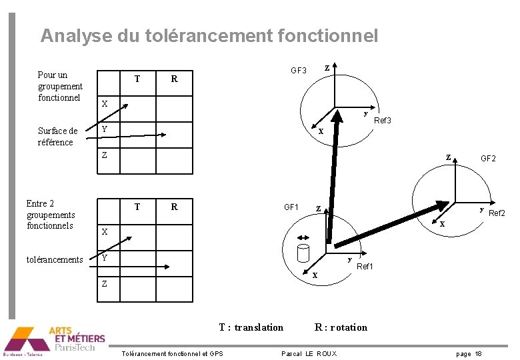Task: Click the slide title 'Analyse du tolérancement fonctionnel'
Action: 209,35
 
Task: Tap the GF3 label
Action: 298,70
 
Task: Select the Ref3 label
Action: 382,121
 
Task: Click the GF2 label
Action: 488,159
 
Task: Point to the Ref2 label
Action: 497,213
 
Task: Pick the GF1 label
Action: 291,207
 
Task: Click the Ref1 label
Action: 365,267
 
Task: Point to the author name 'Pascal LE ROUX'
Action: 309,353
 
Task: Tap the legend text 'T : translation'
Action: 251,327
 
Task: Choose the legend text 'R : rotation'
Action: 341,327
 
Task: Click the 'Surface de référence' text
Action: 57,136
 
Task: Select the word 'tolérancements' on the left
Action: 55,259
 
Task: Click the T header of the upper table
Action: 137,79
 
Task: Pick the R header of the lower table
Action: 174,207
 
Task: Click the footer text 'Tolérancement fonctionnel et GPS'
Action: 173,353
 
